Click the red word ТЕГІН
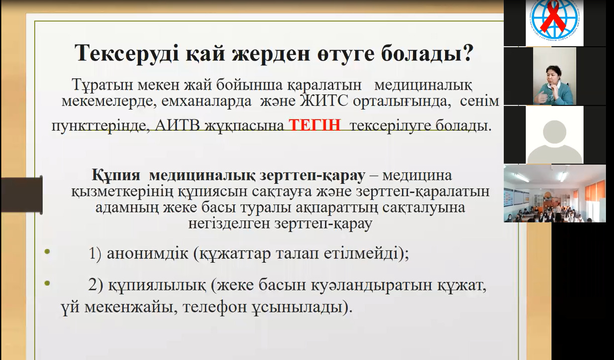315,125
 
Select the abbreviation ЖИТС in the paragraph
324,101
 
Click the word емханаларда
206,101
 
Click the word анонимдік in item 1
147,254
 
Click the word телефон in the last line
214,308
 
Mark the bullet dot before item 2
47,284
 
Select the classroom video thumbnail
555,193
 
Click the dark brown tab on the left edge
22,194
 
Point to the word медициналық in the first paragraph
423,85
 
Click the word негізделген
230,223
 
